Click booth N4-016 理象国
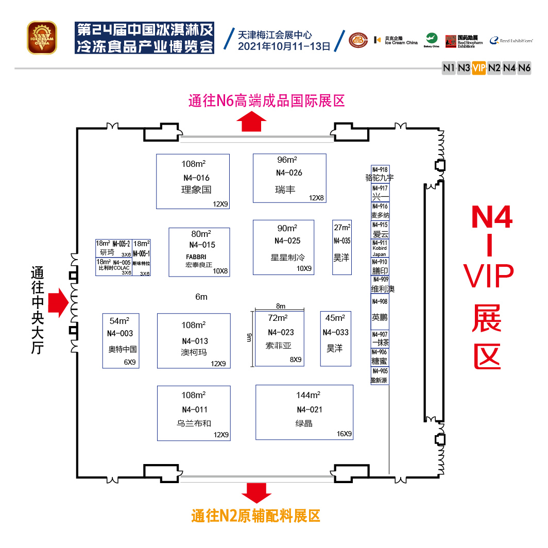point(193,181)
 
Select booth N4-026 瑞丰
point(289,178)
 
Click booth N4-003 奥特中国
point(122,340)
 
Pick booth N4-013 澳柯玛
point(194,341)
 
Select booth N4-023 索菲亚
point(280,338)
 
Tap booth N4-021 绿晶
point(304,413)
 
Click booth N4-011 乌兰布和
point(194,413)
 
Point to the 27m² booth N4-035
point(342,247)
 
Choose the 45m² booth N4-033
point(335,338)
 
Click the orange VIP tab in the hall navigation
point(479,67)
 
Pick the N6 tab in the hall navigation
point(524,67)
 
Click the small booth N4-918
point(380,173)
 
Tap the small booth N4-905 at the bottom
point(380,375)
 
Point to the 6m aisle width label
point(201,297)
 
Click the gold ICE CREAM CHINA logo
point(41,37)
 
